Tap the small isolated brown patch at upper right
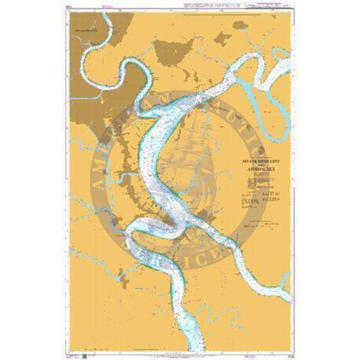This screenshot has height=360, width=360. (x=223, y=38)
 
